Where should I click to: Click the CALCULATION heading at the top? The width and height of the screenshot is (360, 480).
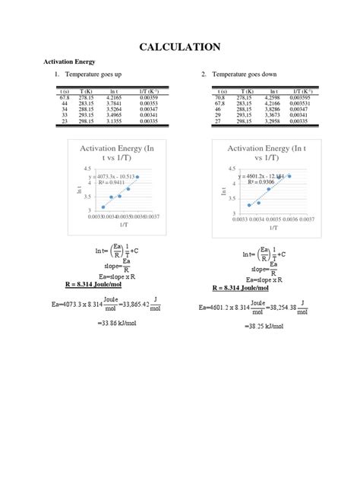pos(180,47)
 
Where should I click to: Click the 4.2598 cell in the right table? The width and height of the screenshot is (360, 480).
pos(271,98)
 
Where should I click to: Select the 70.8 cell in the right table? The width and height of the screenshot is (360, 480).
pos(221,98)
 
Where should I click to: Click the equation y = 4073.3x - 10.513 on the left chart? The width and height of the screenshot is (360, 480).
pos(113,176)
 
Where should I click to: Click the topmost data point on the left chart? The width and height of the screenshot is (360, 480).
pos(137,177)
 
